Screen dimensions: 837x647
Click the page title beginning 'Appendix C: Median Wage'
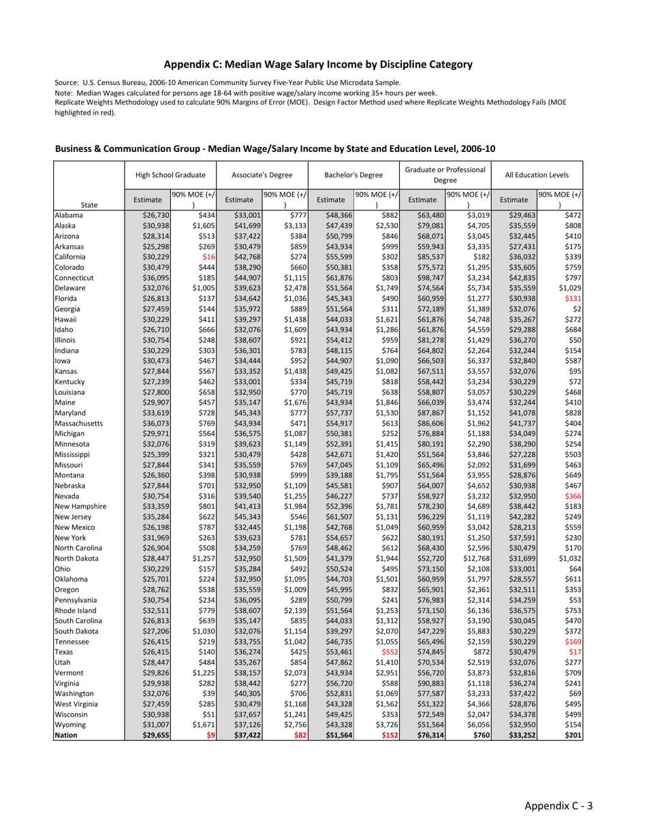tap(318, 65)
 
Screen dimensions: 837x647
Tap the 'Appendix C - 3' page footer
tap(558, 806)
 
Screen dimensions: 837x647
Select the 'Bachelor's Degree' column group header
tap(353, 175)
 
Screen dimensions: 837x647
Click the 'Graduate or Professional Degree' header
tap(445, 175)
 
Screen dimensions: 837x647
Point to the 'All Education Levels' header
tap(536, 175)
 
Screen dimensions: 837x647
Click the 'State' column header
tap(89, 204)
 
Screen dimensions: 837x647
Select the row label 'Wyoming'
tap(69, 725)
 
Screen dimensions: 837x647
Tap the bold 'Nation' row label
tap(66, 736)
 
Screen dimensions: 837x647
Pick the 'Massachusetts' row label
tap(78, 424)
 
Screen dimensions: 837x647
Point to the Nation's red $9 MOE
tap(210, 736)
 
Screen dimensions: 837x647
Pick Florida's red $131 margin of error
tap(572, 298)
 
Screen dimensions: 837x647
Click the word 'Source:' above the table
tap(67, 82)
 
